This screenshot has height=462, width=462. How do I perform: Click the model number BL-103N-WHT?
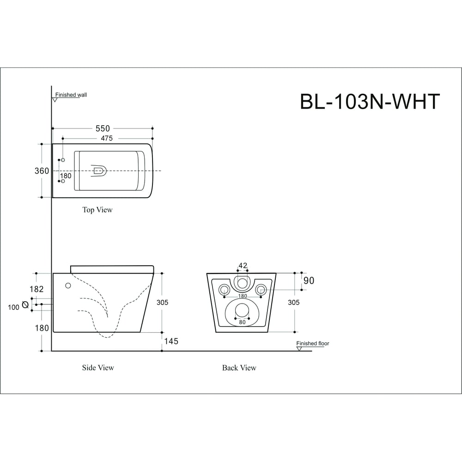point(370,102)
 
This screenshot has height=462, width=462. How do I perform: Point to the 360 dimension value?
point(42,171)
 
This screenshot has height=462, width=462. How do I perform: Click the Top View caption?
point(97,210)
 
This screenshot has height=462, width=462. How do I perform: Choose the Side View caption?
point(98,368)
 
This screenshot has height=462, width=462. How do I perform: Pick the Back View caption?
point(239,368)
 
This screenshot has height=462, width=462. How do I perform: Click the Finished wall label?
point(71,95)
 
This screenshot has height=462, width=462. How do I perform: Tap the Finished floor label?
point(313,343)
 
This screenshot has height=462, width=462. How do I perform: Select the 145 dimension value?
point(170,341)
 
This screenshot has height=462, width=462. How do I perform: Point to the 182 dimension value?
point(36,289)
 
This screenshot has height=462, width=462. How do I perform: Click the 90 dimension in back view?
point(309,280)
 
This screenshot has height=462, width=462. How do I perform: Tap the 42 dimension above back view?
point(243,266)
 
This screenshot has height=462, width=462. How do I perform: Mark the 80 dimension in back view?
point(243,322)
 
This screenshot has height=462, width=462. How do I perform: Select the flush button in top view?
point(99,171)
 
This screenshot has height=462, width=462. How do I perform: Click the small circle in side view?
point(68,285)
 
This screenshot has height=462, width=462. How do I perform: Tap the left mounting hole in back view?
point(225,290)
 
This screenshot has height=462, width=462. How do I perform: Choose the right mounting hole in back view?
point(261,290)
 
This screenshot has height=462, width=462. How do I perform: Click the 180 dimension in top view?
point(66,176)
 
